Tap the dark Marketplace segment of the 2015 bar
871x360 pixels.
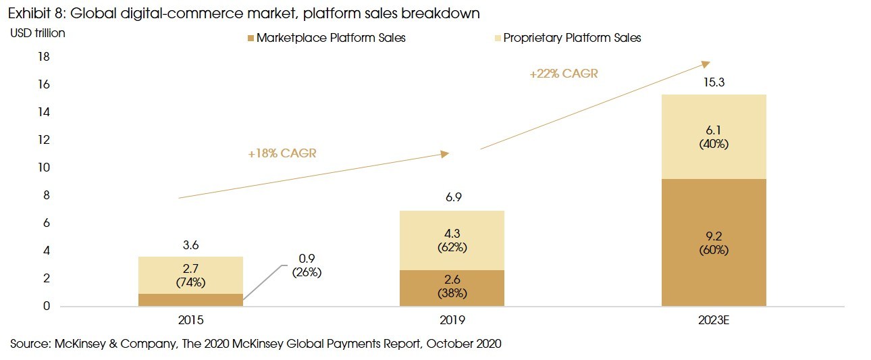click(x=190, y=300)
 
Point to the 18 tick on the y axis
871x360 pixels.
click(x=44, y=57)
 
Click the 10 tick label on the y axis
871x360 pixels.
click(x=44, y=168)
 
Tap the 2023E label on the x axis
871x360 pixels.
click(x=714, y=320)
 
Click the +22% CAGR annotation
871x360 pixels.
click(x=564, y=74)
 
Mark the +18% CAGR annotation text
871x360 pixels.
click(x=282, y=153)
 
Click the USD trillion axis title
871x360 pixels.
click(x=38, y=32)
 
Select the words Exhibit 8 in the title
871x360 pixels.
click(x=32, y=13)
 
